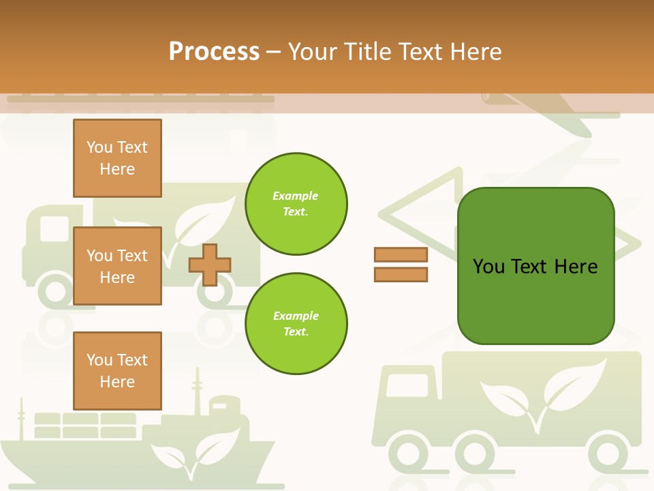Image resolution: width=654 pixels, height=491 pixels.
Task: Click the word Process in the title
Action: click(x=214, y=51)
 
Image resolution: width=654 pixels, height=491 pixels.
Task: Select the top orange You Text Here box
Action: click(x=117, y=158)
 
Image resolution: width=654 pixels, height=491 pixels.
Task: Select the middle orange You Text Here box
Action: click(x=117, y=266)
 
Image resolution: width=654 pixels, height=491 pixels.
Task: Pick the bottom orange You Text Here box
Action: click(x=117, y=370)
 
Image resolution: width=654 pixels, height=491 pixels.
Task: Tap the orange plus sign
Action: click(x=210, y=265)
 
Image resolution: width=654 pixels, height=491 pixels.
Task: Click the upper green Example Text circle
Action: click(x=296, y=204)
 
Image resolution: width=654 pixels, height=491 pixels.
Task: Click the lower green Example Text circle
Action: click(x=296, y=324)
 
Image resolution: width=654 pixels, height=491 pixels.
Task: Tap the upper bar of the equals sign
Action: click(x=401, y=255)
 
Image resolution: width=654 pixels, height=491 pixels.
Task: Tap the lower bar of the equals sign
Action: click(x=401, y=274)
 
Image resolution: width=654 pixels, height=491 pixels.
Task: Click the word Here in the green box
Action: click(x=576, y=266)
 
